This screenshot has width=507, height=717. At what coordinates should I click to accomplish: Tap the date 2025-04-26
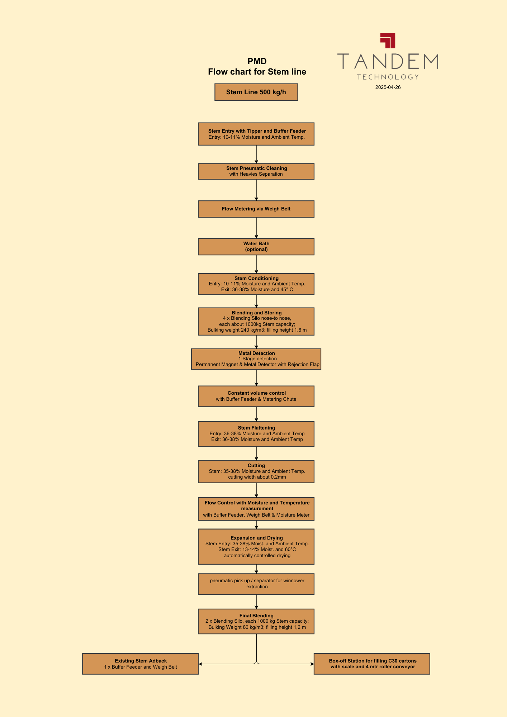388,87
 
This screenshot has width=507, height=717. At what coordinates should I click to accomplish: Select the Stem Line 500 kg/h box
256,92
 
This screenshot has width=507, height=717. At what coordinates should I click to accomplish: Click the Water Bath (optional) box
256,247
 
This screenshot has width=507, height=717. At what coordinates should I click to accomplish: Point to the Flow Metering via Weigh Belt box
256,209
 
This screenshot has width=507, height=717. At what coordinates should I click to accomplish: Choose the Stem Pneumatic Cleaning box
256,171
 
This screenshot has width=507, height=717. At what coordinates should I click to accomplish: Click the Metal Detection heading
256,353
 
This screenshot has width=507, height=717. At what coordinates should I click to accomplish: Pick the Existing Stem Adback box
140,664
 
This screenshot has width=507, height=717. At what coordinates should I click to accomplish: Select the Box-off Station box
372,664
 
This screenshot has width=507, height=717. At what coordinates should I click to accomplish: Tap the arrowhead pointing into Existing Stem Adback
200,664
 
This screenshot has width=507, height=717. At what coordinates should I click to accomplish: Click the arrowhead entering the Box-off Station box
312,664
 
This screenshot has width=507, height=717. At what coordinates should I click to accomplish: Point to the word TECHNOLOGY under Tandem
388,77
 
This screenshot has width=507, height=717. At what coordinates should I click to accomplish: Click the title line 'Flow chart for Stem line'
257,72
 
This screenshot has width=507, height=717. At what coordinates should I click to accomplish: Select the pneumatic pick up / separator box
256,584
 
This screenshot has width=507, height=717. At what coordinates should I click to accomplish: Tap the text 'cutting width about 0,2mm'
257,477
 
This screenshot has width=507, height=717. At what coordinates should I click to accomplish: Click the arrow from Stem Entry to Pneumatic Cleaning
256,154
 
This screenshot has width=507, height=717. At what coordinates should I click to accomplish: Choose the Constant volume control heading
256,393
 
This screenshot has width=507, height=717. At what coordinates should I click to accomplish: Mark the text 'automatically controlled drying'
257,555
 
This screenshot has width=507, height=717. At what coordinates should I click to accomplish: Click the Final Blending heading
256,616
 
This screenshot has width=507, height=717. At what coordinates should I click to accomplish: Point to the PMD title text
257,61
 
